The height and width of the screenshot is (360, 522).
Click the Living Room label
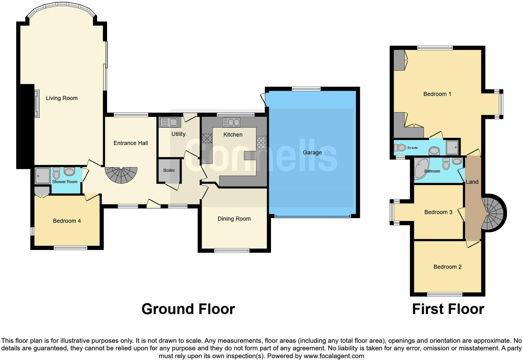(x=62, y=98)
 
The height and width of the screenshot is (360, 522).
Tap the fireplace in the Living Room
(x=37, y=103)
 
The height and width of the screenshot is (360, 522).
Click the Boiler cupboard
(x=169, y=171)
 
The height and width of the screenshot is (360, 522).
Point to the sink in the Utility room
(x=169, y=122)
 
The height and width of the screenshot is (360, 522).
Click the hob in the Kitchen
(x=261, y=142)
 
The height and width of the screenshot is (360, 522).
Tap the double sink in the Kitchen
(x=231, y=122)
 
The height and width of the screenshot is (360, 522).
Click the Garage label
(x=312, y=152)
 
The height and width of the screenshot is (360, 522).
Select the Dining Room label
(x=234, y=219)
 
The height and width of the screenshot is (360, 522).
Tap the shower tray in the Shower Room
(x=42, y=176)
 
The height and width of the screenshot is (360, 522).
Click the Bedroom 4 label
(x=67, y=221)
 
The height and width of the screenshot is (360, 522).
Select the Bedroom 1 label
(x=437, y=94)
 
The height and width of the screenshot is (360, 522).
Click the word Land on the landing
(x=472, y=182)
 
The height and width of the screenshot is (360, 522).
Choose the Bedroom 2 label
(x=447, y=267)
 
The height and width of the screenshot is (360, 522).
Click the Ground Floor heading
(x=188, y=309)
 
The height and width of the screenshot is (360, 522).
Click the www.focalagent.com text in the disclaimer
(x=333, y=356)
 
